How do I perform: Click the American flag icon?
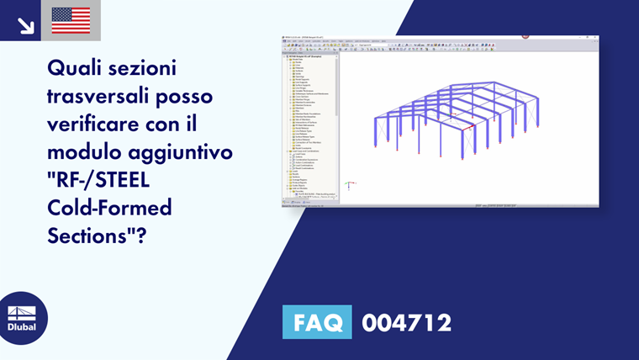tap(71, 20)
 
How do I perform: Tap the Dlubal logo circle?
tap(22, 318)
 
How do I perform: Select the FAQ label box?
tap(317, 321)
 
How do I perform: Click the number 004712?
tap(406, 322)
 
